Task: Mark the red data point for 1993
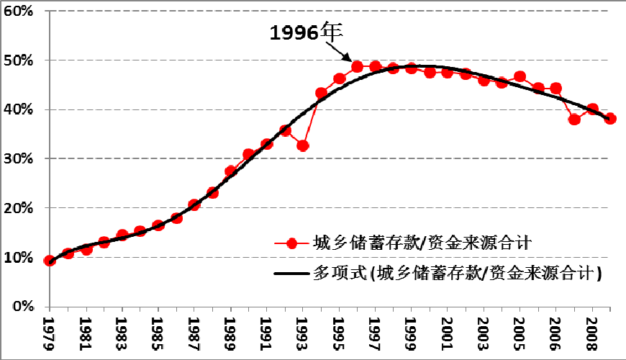(x=303, y=145)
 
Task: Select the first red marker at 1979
(x=50, y=261)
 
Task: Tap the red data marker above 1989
(x=230, y=171)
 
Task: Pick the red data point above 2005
(x=520, y=77)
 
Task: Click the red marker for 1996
(x=357, y=67)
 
